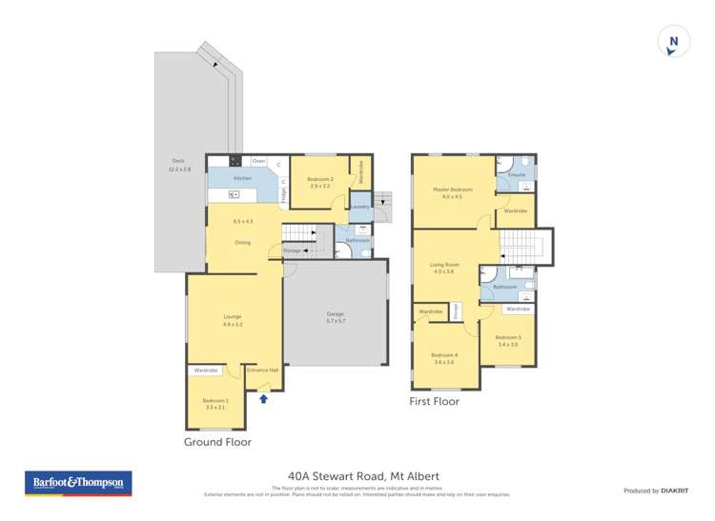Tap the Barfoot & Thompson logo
78,483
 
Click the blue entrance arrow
264,399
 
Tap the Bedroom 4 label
444,357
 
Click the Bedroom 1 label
214,404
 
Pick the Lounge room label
233,320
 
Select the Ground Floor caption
217,442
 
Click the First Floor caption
435,402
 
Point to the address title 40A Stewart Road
363,475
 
